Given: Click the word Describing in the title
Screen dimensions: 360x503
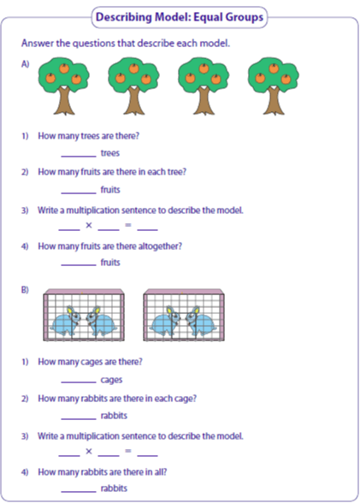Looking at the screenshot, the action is pos(124,17).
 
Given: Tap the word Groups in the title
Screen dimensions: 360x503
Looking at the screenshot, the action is pos(246,17).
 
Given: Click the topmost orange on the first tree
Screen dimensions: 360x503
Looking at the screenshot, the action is pos(64,68).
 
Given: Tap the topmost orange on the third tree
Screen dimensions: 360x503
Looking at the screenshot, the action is pos(204,68).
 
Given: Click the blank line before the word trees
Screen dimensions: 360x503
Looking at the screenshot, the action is pos(79,157).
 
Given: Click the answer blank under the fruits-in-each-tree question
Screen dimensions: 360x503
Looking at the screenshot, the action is pos(79,193).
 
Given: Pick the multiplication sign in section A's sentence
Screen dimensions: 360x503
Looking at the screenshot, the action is pos(89,225).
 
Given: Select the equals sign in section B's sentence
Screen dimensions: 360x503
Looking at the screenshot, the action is pos(128,451).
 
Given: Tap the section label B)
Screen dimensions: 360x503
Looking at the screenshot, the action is pos(25,290).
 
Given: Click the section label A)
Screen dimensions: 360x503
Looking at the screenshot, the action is pos(26,64).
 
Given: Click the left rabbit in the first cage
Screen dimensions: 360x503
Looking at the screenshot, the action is pos(66,322).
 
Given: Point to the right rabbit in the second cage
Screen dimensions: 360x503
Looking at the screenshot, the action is pos(201,322).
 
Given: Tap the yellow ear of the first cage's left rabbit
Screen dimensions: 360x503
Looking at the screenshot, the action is pos(69,311).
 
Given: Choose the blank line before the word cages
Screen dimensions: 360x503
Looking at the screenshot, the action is pos(79,382).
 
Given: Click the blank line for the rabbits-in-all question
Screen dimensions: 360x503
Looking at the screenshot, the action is pos(79,491).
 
